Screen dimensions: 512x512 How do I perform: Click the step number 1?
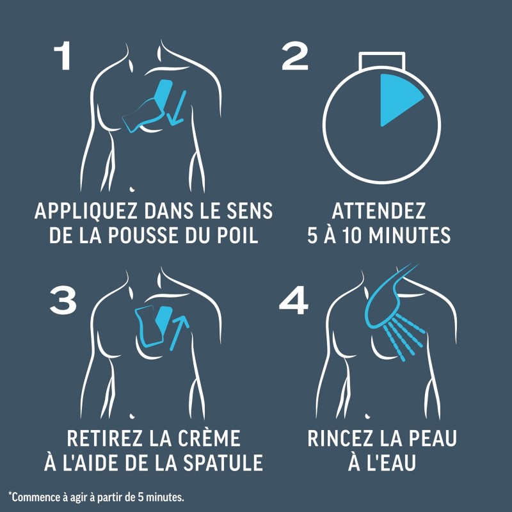point(63,56)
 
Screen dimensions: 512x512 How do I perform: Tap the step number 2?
point(295,56)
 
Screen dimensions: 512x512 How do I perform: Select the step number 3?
point(63,300)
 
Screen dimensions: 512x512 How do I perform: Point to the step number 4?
point(294,300)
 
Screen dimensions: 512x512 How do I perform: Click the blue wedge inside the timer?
point(397,98)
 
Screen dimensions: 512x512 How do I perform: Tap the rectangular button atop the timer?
point(381,61)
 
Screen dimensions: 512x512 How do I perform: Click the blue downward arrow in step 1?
point(177,108)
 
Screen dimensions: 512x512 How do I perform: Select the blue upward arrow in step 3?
point(179,332)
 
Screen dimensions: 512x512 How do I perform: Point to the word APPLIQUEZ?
point(86,211)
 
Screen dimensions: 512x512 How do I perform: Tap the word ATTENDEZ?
point(379,211)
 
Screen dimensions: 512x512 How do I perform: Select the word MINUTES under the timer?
point(410,235)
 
